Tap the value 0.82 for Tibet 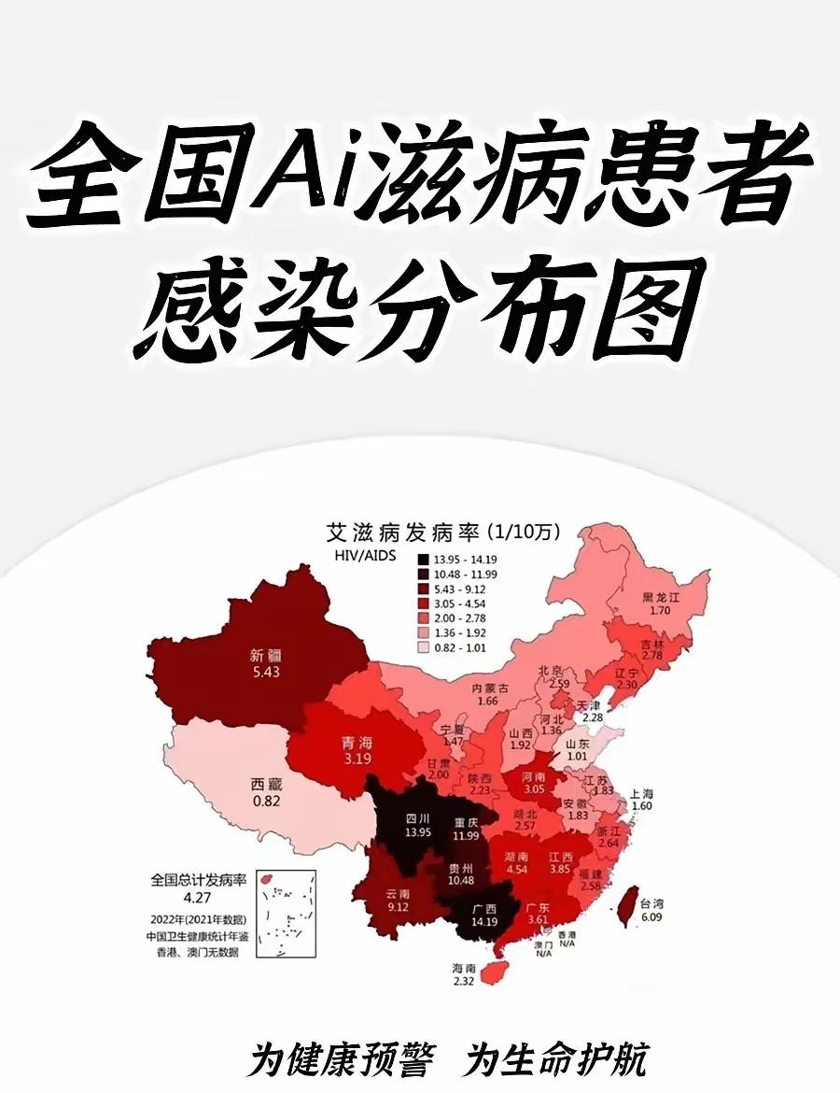tap(265, 801)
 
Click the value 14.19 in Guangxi tap(483, 922)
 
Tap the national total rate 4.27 tap(197, 898)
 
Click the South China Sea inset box tap(285, 915)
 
